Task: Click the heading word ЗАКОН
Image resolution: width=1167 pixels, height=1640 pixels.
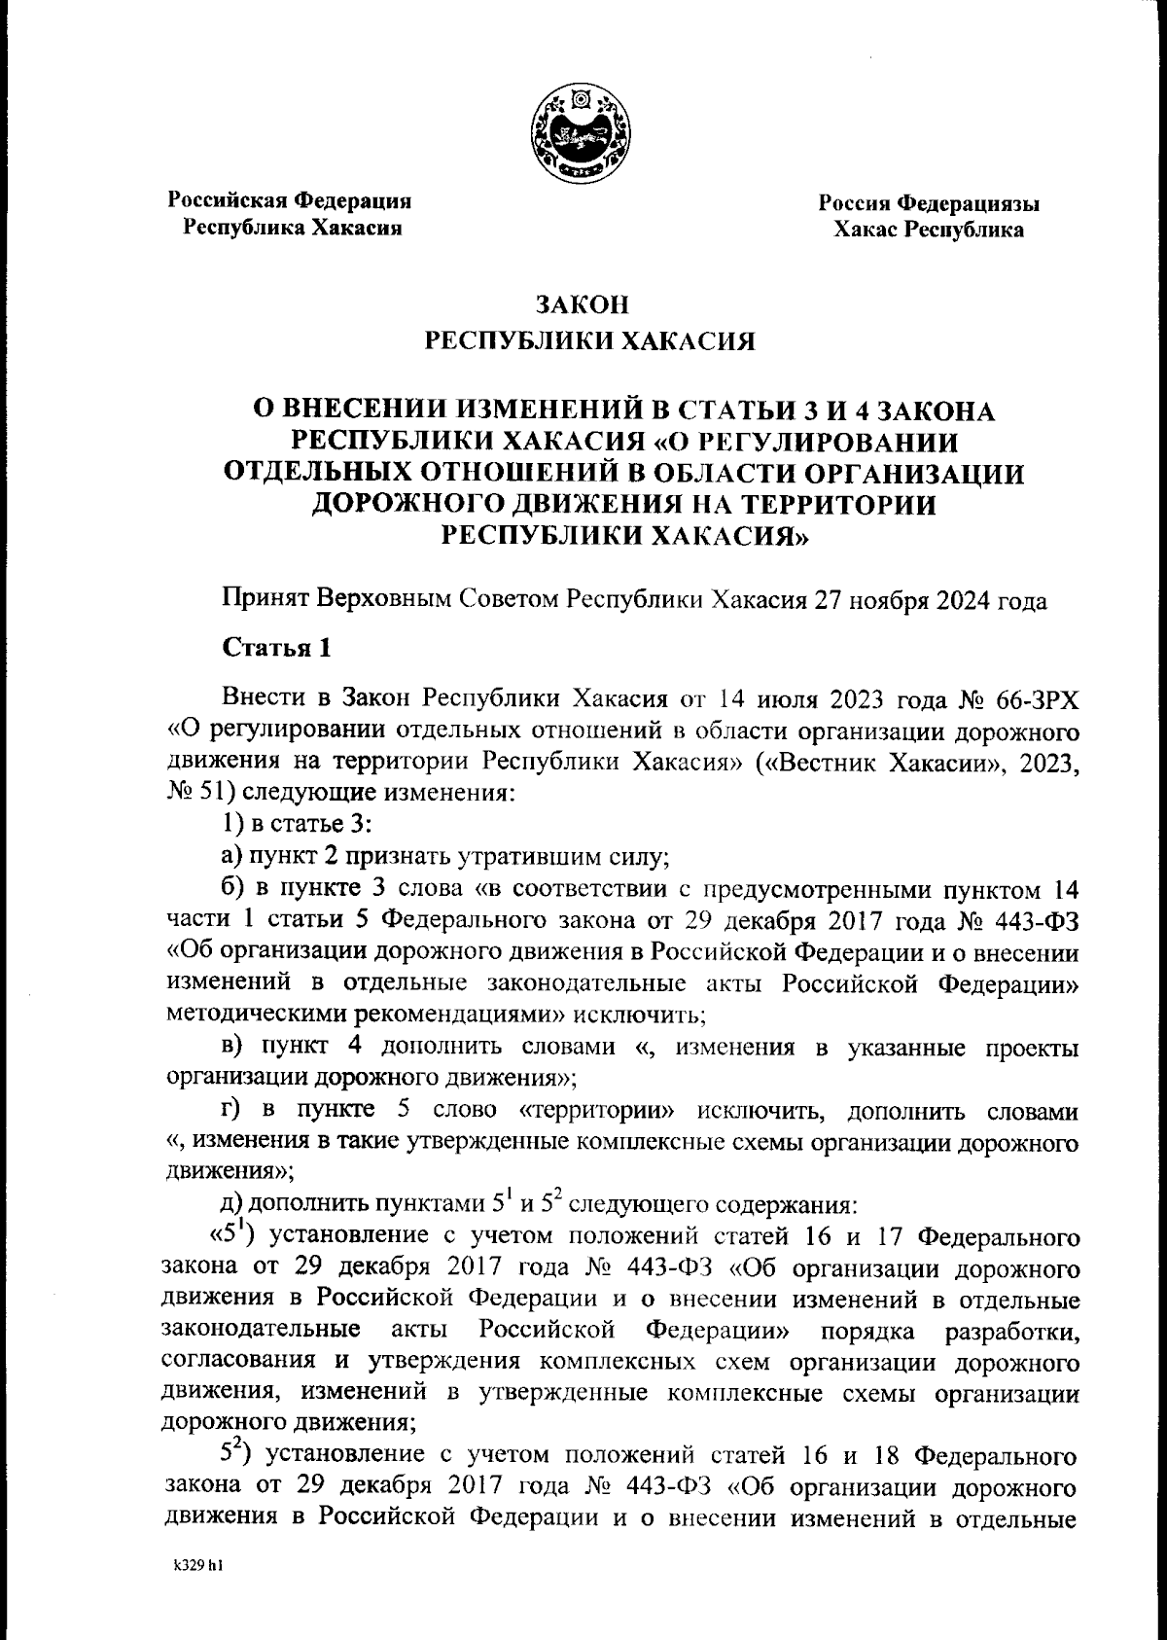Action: coord(583,305)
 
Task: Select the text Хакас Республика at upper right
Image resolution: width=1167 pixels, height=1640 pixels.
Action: coord(928,231)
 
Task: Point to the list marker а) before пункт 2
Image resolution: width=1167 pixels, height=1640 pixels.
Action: coord(231,858)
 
